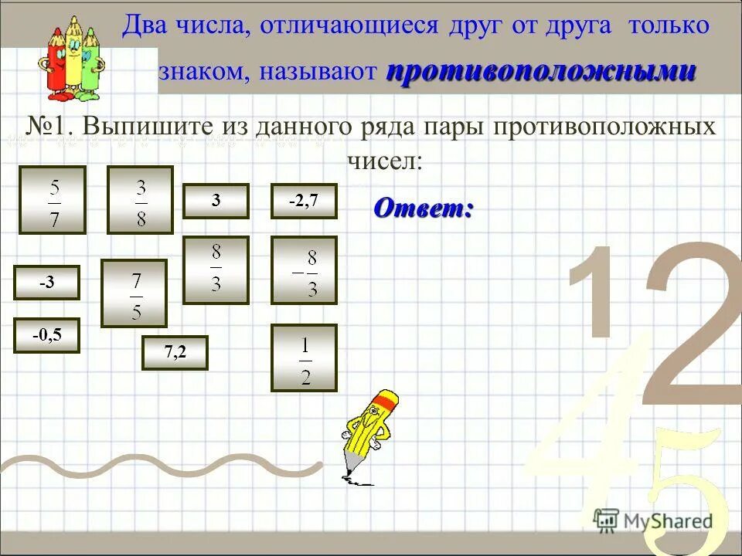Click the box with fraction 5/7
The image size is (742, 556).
point(52,200)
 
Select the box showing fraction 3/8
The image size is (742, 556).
point(140,200)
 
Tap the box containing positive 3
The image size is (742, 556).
point(216,201)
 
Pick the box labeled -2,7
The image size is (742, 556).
point(304,201)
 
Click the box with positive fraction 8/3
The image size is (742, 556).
point(216,270)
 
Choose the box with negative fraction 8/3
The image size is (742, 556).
point(304,270)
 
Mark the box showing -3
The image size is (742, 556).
point(46,282)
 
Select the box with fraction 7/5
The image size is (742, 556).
point(134,293)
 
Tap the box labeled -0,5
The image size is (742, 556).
point(46,335)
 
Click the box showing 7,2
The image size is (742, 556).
point(175,353)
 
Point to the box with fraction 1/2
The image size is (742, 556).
point(304,358)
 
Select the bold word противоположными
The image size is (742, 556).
point(541,72)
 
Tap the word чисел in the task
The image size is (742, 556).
point(383,161)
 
